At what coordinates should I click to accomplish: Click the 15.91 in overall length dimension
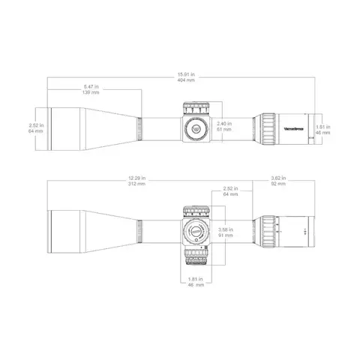click(x=185, y=74)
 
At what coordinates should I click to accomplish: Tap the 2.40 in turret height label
click(x=223, y=123)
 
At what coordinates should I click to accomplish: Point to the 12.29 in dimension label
click(x=137, y=178)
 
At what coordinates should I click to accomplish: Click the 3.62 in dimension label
click(x=277, y=178)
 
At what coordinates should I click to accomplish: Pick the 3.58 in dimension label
click(x=223, y=229)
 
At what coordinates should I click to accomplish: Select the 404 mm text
click(x=185, y=79)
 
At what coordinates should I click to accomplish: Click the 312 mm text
click(x=137, y=183)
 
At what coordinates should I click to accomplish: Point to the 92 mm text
click(x=277, y=183)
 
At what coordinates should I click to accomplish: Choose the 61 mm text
click(x=223, y=128)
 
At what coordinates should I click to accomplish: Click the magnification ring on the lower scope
click(x=268, y=232)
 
